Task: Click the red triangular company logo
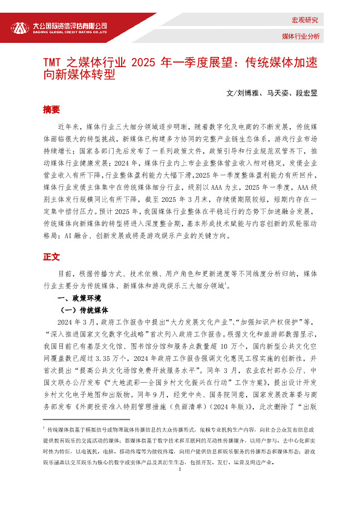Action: tap(20, 28)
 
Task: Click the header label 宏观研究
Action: tap(305, 20)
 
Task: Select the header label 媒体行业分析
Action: tap(301, 37)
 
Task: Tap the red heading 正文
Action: tap(51, 257)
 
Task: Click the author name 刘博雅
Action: tap(247, 94)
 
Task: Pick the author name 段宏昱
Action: tap(306, 94)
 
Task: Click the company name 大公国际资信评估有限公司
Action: tap(69, 25)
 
